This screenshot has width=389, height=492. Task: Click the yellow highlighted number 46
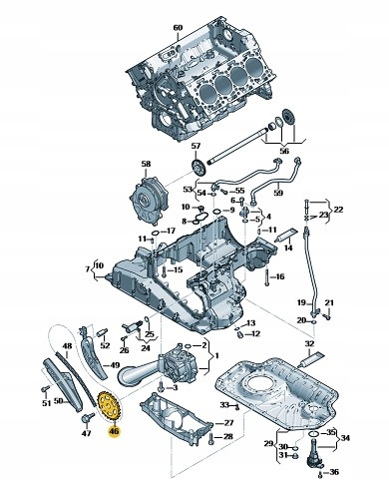(114, 431)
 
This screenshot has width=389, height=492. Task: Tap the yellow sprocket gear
(109, 405)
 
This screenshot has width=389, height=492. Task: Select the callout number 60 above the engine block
(179, 27)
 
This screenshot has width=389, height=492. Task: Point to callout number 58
(146, 164)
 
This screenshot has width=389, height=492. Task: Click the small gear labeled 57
(199, 167)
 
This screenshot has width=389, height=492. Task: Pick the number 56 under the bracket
(284, 151)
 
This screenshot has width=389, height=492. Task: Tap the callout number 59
(278, 193)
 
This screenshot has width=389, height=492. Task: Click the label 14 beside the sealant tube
(288, 247)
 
